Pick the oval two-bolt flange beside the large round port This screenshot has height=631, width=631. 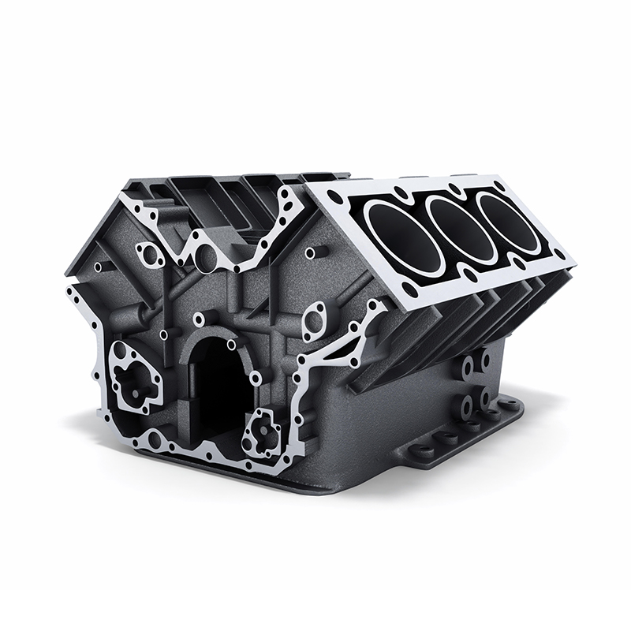click(149, 254)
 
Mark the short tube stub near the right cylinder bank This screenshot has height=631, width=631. click(315, 253)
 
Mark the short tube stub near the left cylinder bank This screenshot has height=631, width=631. click(100, 267)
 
